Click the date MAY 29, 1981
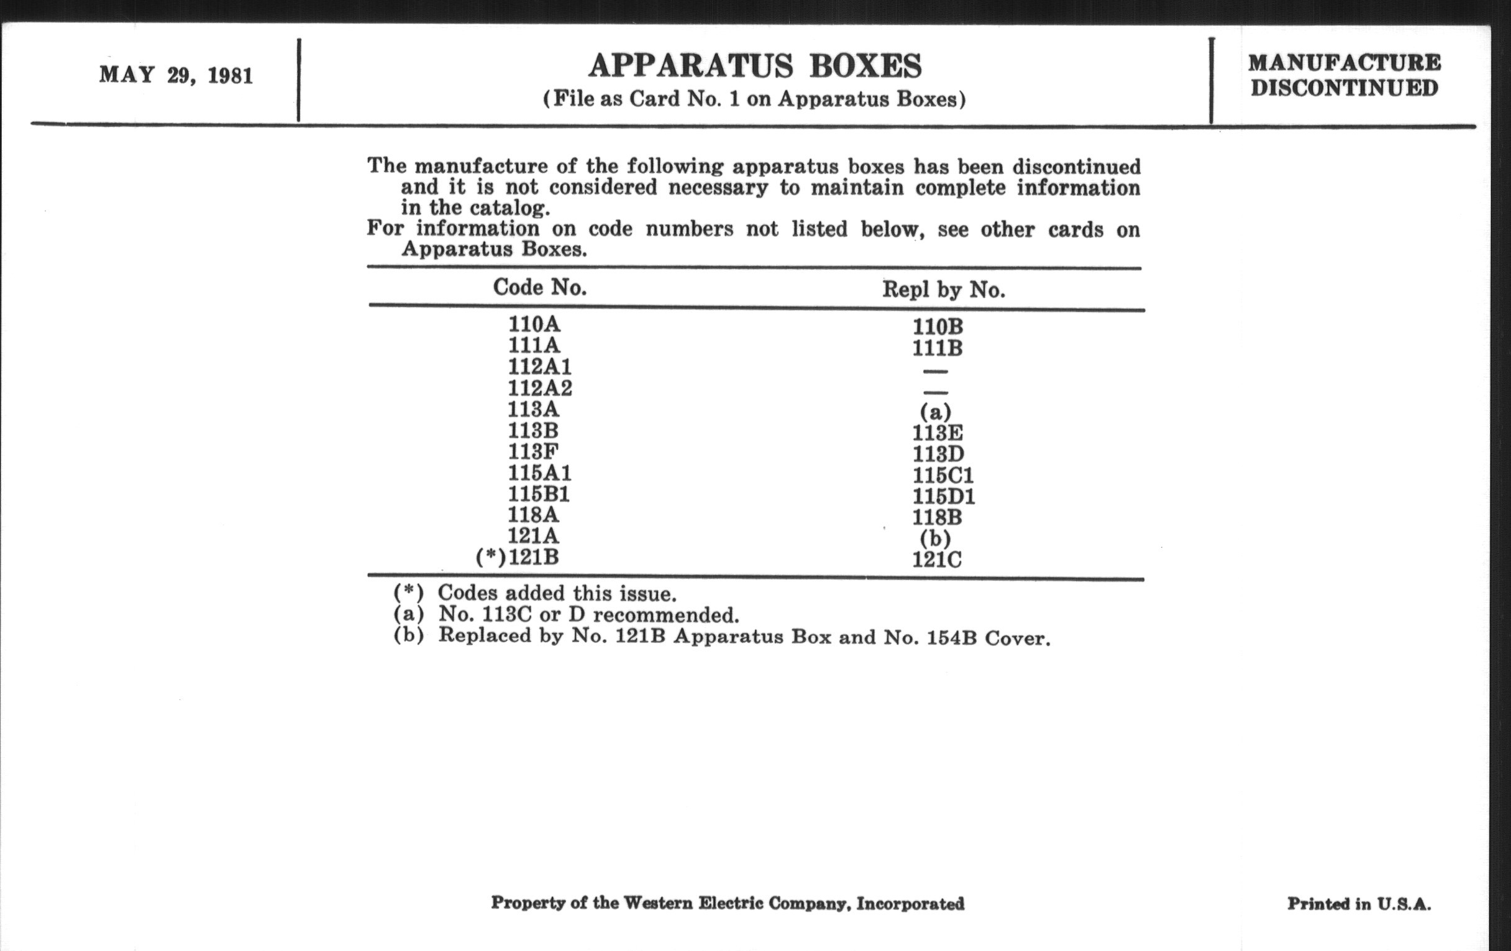tap(176, 76)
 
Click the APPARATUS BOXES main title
tap(755, 66)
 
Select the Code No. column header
tap(540, 288)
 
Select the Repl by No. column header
tap(943, 290)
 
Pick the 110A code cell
tap(534, 324)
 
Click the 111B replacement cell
tap(938, 347)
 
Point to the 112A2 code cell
tap(540, 388)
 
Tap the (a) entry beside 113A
tap(936, 411)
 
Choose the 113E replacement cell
tap(938, 433)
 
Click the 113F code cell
tap(532, 451)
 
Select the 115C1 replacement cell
tap(943, 475)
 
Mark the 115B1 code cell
tap(539, 494)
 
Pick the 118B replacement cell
tap(938, 517)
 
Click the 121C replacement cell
tap(937, 559)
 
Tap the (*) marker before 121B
tap(491, 558)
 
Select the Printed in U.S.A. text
tap(1359, 904)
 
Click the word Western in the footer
tap(658, 903)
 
